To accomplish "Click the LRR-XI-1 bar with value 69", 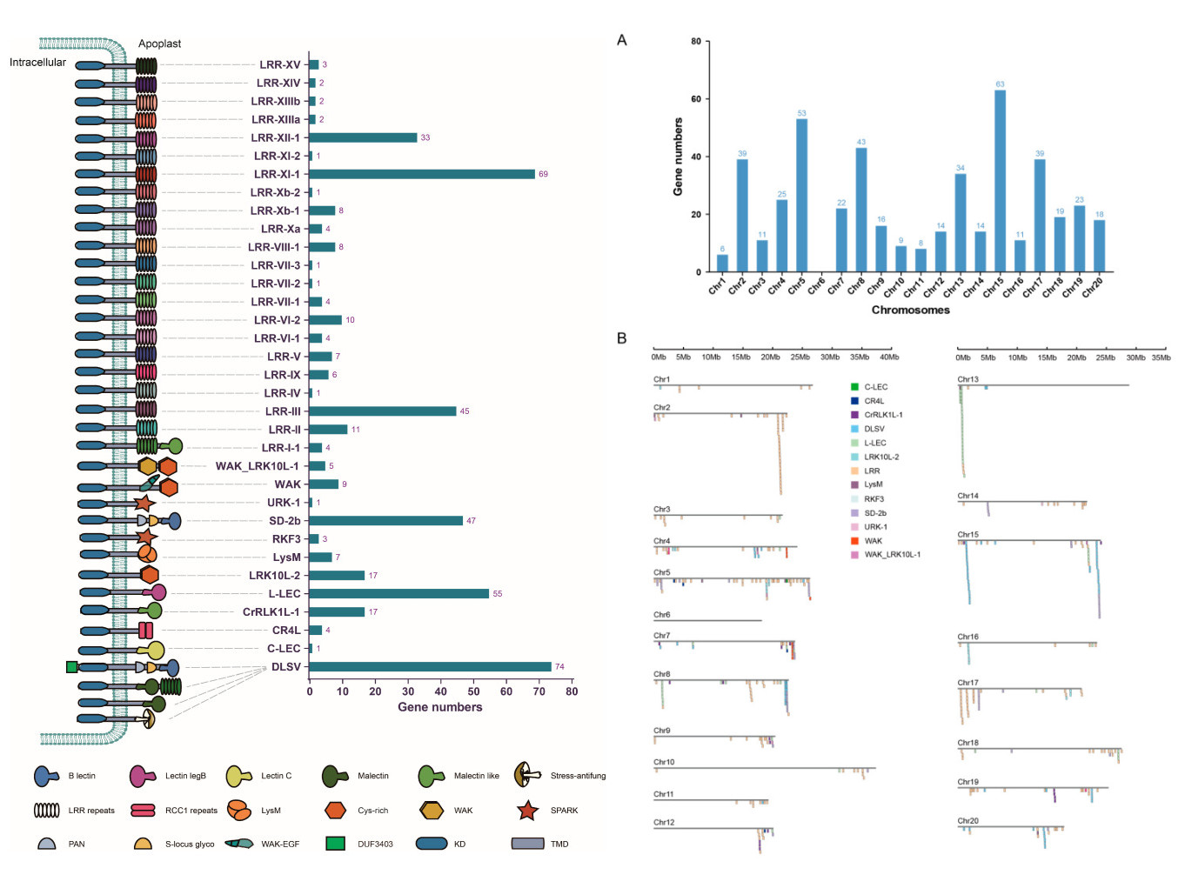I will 422,174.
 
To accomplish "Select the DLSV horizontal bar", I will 430,667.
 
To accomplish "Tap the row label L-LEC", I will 285,594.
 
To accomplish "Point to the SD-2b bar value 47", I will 471,521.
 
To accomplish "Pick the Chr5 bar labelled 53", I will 801,196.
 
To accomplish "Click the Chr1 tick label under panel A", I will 717,285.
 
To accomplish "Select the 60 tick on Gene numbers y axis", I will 696,99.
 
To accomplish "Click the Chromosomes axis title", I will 910,310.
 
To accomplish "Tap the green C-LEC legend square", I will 854,387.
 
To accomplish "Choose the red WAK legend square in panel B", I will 854,541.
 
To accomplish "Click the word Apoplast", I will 159,43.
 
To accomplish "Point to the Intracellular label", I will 37,63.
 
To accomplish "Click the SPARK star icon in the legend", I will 527,811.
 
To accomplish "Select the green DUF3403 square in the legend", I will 335,844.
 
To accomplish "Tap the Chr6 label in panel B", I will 662,615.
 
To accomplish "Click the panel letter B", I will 621,338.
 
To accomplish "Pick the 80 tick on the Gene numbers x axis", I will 572,691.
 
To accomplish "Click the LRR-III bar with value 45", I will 383,411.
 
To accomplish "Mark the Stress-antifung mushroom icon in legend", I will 527,774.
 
